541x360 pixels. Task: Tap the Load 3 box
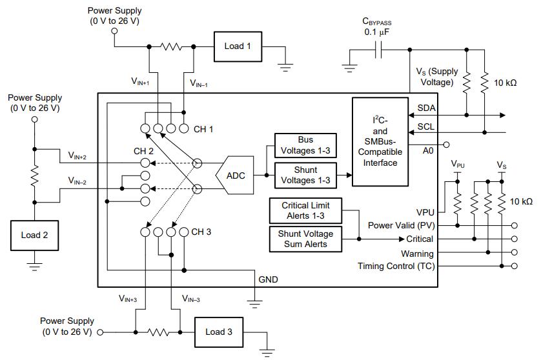pyautogui.click(x=219, y=332)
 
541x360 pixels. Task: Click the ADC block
pyautogui.click(x=235, y=175)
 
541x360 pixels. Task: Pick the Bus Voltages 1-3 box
pyautogui.click(x=305, y=145)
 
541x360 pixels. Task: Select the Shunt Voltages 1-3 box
pyautogui.click(x=305, y=175)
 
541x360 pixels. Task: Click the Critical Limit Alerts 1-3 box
pyautogui.click(x=305, y=211)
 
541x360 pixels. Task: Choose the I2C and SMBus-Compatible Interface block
pyautogui.click(x=381, y=142)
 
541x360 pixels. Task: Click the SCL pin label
pyautogui.click(x=426, y=126)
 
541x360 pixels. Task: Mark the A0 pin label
pyautogui.click(x=427, y=150)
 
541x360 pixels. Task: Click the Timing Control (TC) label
pyautogui.click(x=397, y=266)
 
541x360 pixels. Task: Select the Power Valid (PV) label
pyautogui.click(x=400, y=225)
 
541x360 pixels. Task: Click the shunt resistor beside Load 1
pyautogui.click(x=172, y=46)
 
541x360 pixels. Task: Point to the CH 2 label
pyautogui.click(x=143, y=152)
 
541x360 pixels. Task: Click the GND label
pyautogui.click(x=268, y=279)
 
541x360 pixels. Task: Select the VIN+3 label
pyautogui.click(x=128, y=299)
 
